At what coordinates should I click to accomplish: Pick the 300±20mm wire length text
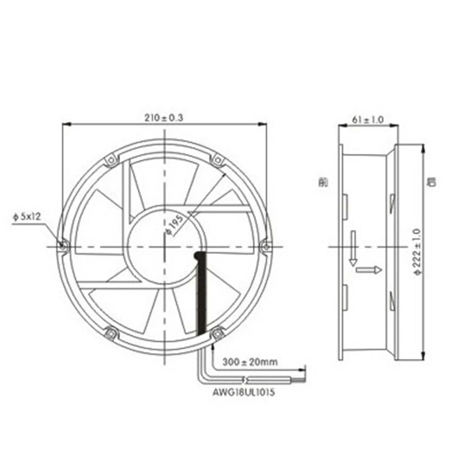250,362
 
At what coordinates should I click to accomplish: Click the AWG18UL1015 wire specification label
244,392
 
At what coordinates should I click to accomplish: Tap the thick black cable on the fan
202,293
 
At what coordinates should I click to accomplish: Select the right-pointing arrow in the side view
369,270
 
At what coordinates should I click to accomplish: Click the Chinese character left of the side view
323,182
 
